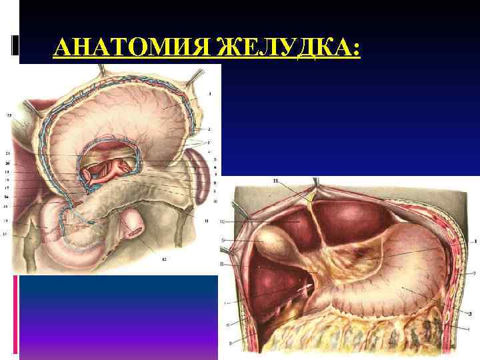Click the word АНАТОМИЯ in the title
coord(129,49)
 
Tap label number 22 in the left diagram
coord(9,115)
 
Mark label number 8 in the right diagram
coord(223,265)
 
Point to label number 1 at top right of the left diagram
coord(211,93)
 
